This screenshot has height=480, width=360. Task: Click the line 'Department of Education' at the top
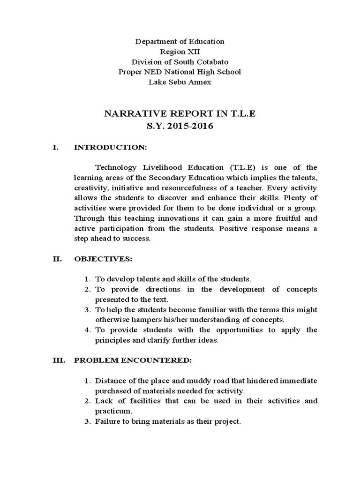point(180,41)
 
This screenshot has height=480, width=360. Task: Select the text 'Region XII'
point(180,52)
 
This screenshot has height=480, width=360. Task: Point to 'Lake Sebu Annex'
point(180,82)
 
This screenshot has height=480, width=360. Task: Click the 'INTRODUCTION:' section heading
point(111,148)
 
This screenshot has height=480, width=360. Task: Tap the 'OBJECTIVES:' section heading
point(103,259)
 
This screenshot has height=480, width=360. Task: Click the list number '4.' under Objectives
point(88,330)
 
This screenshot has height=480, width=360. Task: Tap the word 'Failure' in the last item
point(108,421)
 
